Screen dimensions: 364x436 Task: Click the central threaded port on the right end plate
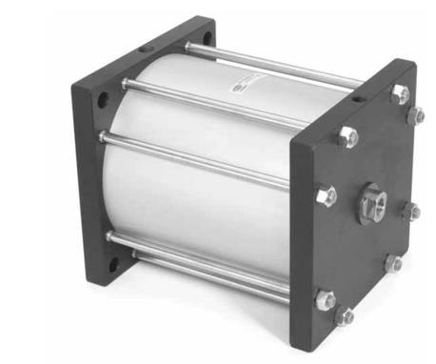click(x=372, y=203)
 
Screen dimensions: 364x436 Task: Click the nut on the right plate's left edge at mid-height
click(x=327, y=195)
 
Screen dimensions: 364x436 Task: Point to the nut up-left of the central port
click(x=348, y=136)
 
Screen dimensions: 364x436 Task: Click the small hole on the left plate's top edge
click(x=144, y=48)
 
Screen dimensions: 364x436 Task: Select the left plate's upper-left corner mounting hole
click(x=101, y=100)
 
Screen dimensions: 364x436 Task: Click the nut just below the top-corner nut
click(x=416, y=115)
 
